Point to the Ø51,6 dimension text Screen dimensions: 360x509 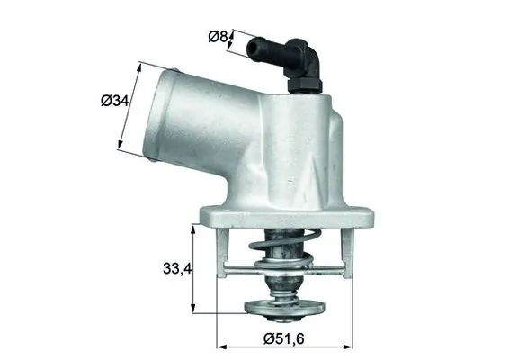[283, 338]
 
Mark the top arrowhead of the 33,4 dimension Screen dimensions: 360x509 [193, 228]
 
